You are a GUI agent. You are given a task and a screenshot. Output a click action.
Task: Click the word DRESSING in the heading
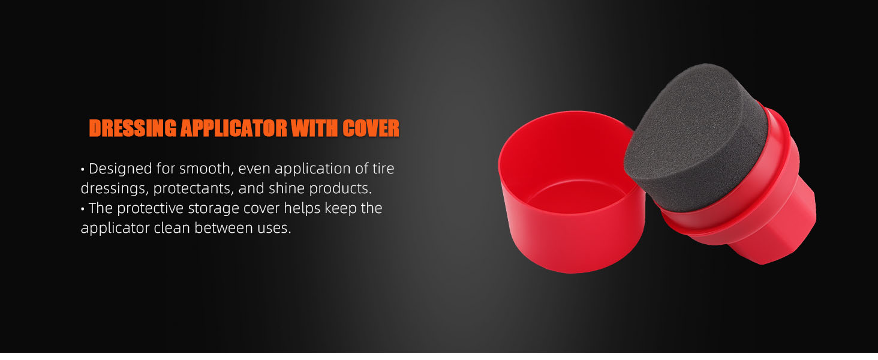[x=133, y=128]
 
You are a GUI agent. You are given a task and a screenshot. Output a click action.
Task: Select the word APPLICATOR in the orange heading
[x=234, y=128]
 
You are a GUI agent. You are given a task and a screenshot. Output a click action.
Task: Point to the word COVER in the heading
[x=371, y=128]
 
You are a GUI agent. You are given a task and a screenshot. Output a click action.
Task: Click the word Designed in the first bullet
[x=121, y=169]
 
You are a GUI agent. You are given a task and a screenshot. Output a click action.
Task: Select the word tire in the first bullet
[x=383, y=169]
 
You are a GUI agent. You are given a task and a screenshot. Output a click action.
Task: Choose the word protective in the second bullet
[x=150, y=209]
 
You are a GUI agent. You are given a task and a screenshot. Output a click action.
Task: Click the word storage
[x=215, y=209]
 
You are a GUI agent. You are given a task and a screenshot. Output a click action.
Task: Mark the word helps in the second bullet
[x=302, y=209]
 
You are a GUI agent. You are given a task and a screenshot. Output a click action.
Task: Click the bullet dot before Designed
[x=83, y=170]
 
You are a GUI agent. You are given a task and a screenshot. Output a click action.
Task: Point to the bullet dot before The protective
[x=83, y=209]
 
